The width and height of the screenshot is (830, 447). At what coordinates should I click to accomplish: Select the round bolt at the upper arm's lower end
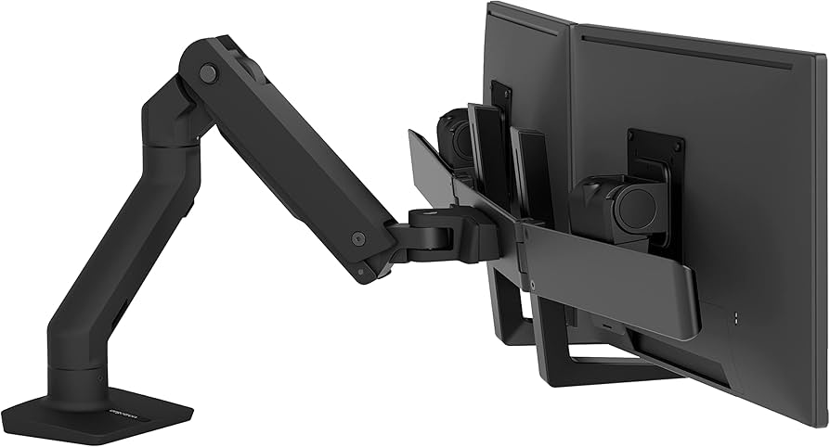point(358,238)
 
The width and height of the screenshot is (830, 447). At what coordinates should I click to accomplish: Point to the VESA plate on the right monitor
point(655,153)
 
